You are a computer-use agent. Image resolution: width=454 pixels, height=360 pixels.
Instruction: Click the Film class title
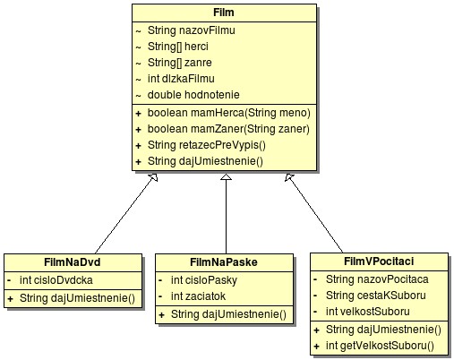(224, 13)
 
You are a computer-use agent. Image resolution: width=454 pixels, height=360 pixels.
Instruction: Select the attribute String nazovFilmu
(192, 30)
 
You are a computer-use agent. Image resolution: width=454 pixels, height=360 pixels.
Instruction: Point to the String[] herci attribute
(178, 47)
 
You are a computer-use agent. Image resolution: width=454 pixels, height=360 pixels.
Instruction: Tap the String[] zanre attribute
(180, 63)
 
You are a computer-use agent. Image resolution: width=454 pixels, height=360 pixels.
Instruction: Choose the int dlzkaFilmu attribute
(181, 79)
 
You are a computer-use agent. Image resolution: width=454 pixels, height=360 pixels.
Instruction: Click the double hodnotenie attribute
(193, 95)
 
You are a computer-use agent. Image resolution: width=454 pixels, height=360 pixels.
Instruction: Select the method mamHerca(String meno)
(229, 113)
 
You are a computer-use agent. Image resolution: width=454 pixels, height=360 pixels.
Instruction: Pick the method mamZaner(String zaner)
(228, 129)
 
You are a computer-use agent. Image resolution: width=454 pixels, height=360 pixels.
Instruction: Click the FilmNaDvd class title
(73, 262)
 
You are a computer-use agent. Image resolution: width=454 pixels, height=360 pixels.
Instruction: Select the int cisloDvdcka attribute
(56, 280)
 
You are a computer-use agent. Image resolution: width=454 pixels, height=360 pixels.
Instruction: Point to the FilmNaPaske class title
(224, 262)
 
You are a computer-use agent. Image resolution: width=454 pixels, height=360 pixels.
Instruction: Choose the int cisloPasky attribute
(204, 280)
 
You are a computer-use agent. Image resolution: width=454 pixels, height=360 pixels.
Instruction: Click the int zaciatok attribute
(198, 296)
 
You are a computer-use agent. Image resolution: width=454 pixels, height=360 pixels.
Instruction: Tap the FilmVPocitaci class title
(379, 261)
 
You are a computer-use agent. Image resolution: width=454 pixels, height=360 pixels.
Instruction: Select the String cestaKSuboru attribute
(376, 296)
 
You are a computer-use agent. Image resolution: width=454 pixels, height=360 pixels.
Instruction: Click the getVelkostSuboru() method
(380, 346)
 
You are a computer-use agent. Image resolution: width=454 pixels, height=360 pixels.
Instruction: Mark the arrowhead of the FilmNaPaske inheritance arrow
(227, 177)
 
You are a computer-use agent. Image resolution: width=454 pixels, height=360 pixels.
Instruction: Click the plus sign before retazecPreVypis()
(138, 146)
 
